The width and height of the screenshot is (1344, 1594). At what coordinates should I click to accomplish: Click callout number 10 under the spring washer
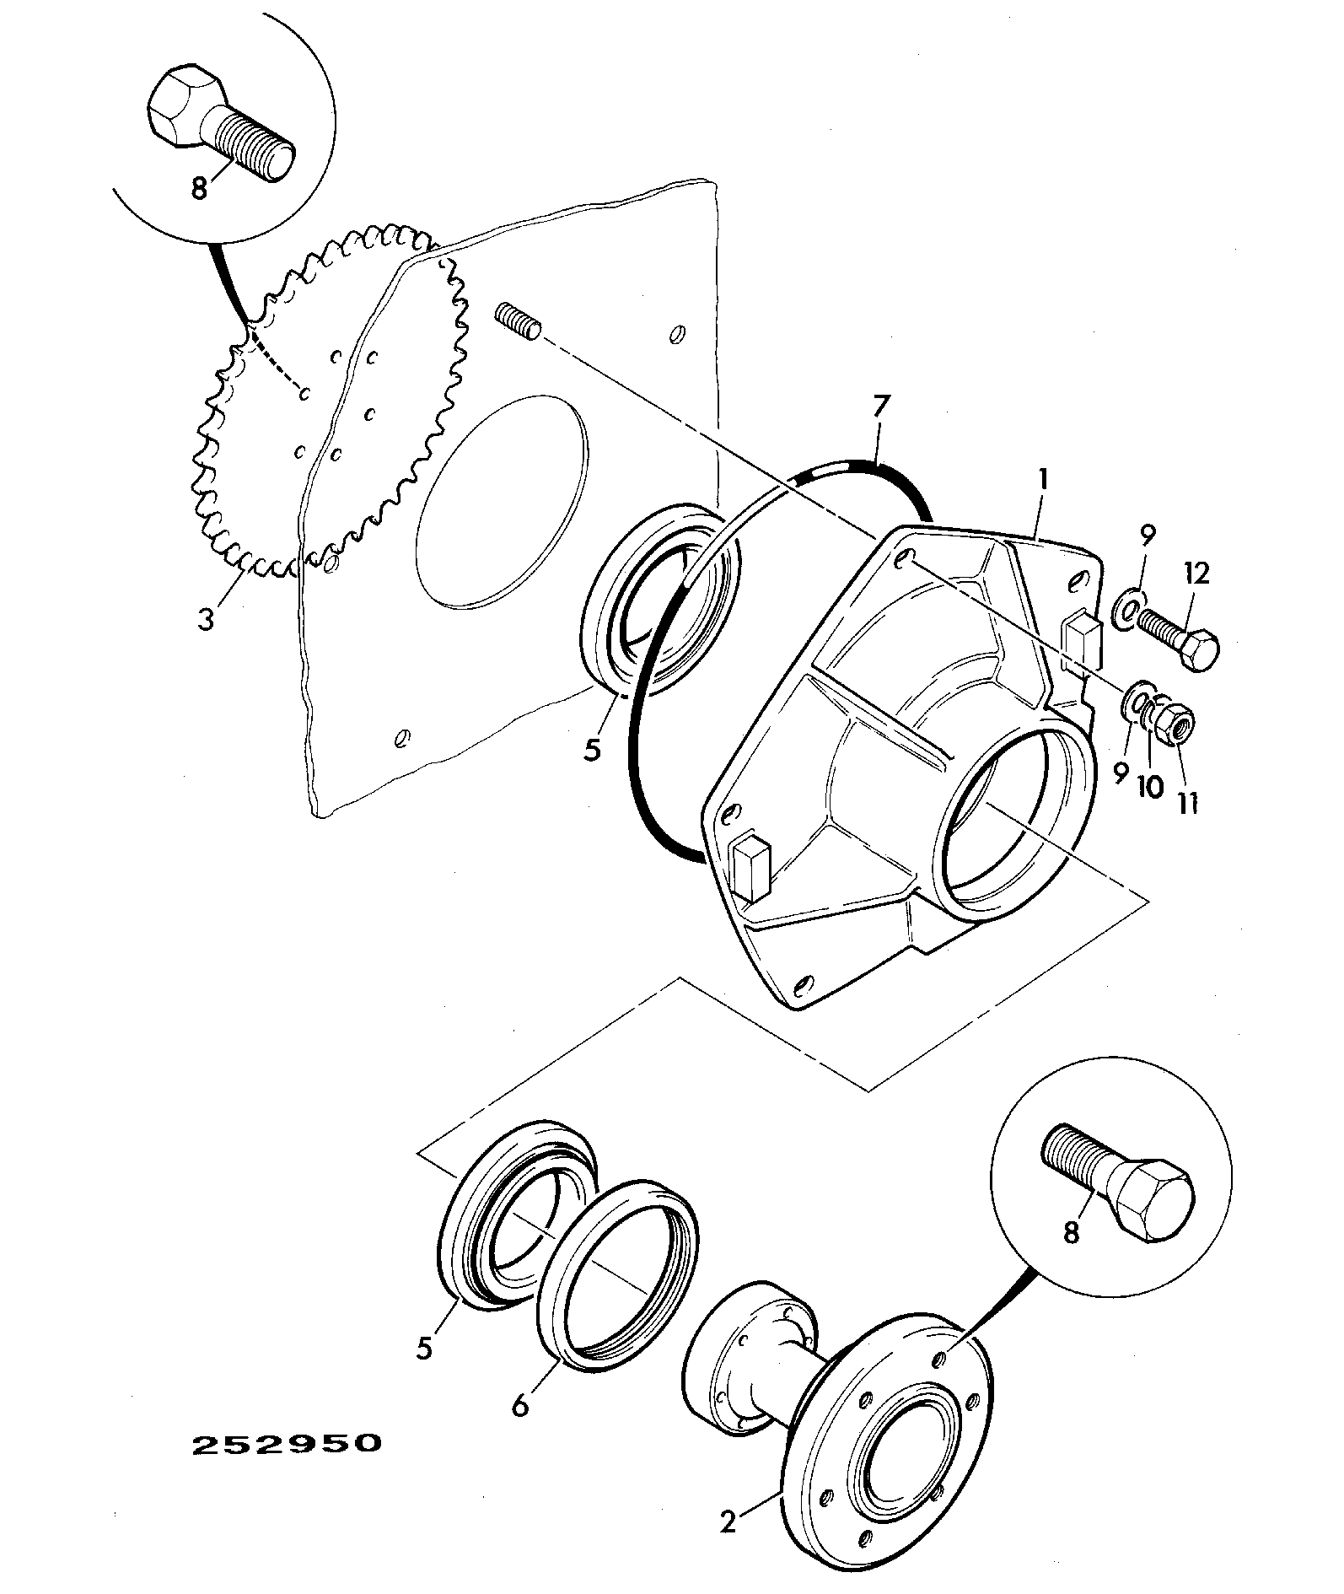pos(1150,787)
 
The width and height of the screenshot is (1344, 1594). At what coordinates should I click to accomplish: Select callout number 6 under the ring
pos(520,1405)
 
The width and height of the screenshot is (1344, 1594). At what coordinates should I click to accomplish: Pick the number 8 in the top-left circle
pos(199,188)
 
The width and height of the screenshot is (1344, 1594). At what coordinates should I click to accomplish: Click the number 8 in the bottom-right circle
pos(1071,1233)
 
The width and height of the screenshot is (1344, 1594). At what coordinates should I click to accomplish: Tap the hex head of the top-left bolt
pos(187,105)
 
